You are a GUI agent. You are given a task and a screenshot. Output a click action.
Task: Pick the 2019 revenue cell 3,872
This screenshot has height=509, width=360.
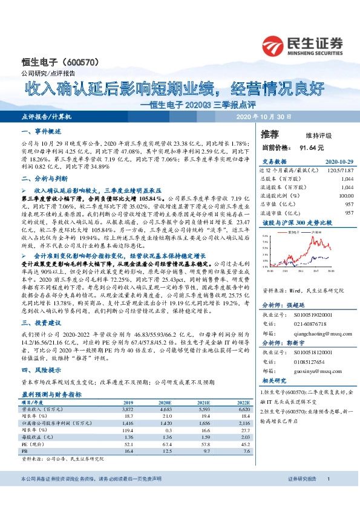point(132,392)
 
